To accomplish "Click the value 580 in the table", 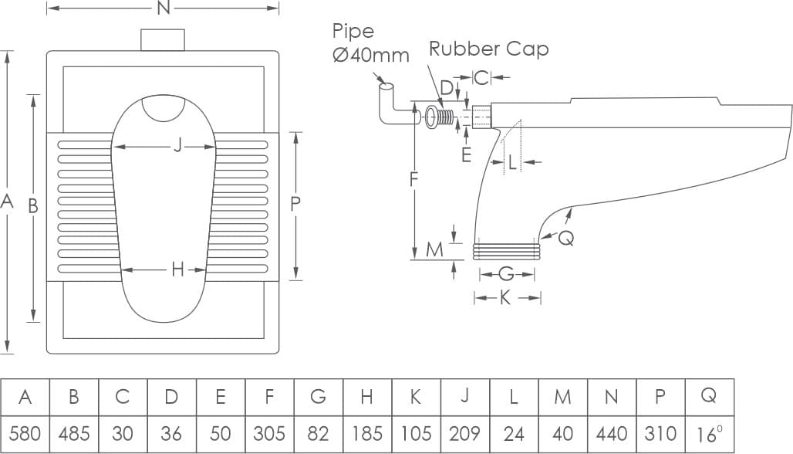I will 25,433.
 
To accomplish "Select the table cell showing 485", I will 73,433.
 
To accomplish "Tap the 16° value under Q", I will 709,433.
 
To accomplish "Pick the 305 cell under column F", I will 269,433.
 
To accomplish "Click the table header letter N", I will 611,397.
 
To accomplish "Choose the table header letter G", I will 318,397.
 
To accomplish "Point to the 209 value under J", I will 464,433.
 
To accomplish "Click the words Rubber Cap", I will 489,49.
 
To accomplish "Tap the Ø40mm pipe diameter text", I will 371,56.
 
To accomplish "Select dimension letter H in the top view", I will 178,269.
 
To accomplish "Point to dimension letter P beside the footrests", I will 295,204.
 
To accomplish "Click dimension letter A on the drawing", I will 8,202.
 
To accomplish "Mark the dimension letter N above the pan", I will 163,8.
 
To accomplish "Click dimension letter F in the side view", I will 414,179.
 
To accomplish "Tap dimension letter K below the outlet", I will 505,298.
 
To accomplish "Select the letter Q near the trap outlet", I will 565,239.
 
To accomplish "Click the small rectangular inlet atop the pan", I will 163,39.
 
